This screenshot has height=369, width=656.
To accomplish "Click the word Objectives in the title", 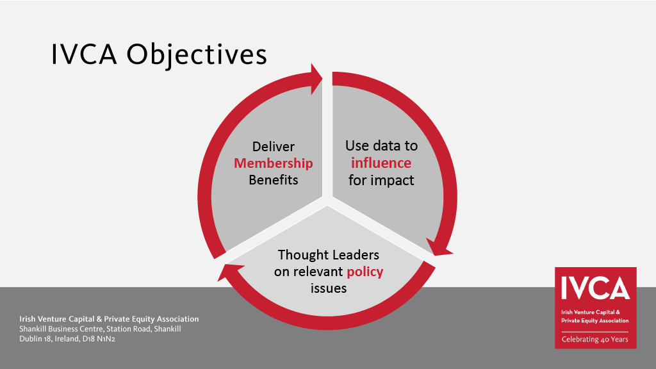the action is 197,56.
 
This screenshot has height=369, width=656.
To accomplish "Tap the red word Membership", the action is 273,163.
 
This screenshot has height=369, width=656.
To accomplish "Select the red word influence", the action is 381,163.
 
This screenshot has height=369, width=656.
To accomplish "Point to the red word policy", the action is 365,272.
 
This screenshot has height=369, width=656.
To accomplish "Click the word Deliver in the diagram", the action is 273,147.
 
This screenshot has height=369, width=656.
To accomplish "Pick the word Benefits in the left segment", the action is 273,180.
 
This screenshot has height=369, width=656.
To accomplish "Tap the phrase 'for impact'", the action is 381,180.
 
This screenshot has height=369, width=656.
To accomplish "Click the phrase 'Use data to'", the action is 381,145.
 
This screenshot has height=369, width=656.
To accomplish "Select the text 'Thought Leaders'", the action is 329,255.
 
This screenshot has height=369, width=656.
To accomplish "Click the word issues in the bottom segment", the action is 329,288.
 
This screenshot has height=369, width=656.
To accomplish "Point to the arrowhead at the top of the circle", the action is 316,79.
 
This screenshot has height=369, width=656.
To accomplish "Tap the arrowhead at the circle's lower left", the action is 228,272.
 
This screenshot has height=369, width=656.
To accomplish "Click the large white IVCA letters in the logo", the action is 595,288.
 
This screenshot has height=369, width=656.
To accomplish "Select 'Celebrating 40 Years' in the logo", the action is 595,340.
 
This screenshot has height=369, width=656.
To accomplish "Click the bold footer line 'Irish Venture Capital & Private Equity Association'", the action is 109,319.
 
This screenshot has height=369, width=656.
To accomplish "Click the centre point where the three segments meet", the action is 327,199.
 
